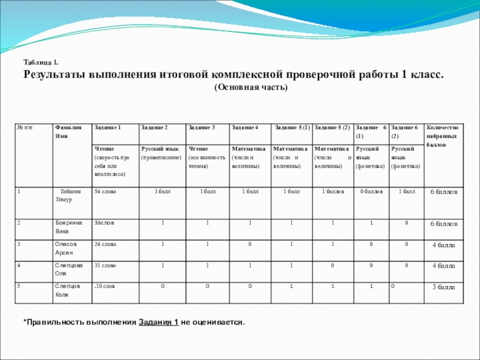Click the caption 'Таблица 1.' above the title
pos(41,62)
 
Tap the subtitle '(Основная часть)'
pos(251,88)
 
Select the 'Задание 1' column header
pos(108,128)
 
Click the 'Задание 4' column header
pos(245,128)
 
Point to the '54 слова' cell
pos(106,191)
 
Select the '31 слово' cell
pos(106,265)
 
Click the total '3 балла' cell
pos(444,288)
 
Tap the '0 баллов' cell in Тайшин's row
pos(372,191)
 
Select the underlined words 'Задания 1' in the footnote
pos(158,323)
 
